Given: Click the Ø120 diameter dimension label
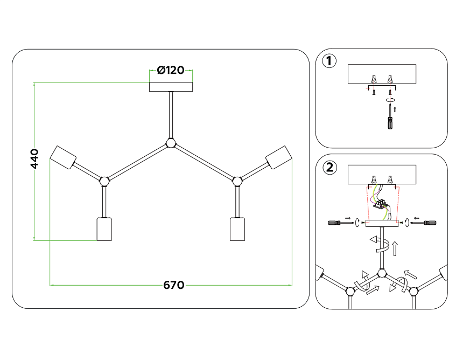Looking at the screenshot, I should coord(171,70).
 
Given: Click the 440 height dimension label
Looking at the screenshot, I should coord(34,160).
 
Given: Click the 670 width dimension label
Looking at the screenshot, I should coord(173,285).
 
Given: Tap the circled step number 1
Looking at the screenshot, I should coord(329,61).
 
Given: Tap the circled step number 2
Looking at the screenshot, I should coord(329,168).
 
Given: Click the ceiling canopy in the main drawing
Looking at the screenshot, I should coord(171,87).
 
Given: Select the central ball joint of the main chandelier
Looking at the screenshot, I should coord(171,143).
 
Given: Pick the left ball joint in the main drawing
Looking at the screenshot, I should coord(104,180).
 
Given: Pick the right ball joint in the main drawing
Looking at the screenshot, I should coord(236,180).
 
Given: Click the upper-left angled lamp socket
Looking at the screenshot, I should coord(64,157).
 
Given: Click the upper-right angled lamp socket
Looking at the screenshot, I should coord(278,157).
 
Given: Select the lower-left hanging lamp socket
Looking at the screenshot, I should coord(104,229).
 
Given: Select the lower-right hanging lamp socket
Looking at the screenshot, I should coord(237,229).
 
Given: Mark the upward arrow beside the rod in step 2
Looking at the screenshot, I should coord(396,248).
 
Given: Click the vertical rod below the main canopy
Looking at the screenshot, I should coord(171,115).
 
